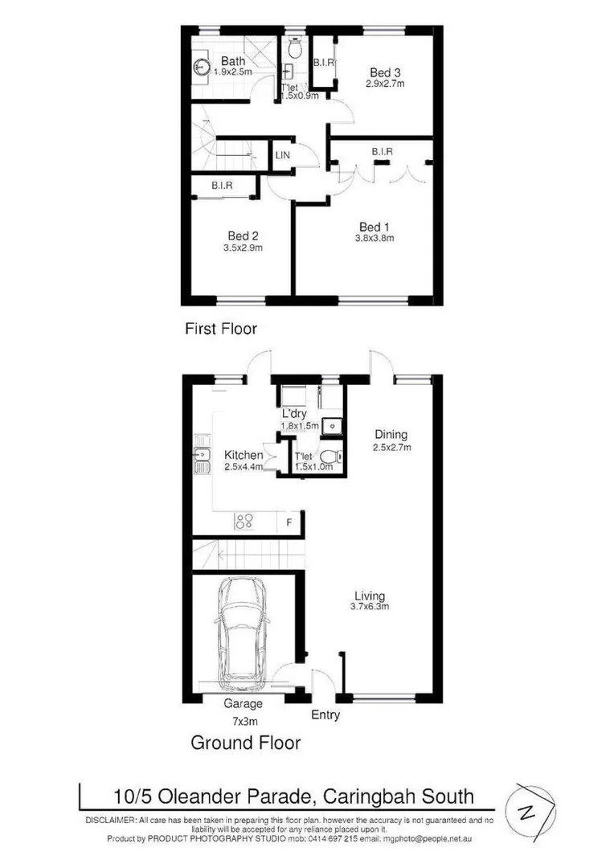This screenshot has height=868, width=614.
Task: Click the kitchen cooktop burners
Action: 244,522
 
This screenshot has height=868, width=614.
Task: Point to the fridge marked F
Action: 289,522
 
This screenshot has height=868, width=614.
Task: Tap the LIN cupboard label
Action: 282,155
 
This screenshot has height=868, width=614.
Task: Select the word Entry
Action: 325,714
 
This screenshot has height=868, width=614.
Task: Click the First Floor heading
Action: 220,328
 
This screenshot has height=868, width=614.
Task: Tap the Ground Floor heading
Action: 245,743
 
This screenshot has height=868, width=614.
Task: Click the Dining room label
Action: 391,435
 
